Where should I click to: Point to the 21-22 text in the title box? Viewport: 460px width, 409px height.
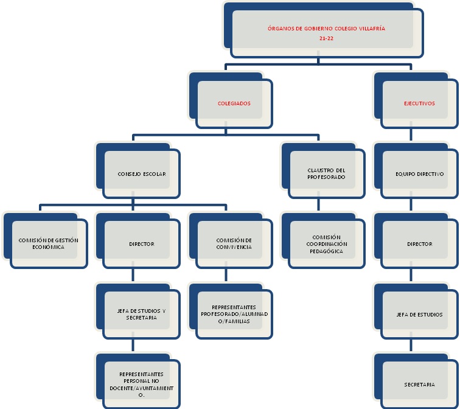(326, 38)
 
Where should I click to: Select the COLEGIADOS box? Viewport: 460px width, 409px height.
(234, 103)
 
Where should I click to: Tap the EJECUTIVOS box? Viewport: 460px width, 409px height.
(419, 103)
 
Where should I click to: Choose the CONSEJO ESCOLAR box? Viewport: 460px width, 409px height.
(142, 173)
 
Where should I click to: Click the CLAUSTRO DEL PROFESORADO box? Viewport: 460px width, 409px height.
(327, 173)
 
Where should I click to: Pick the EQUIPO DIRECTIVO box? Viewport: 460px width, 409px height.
(419, 173)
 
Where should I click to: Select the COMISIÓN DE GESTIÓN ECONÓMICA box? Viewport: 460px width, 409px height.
(49, 243)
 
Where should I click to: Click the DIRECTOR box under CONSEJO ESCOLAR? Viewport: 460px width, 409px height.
(142, 243)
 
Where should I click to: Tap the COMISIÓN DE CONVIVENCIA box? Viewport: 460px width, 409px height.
(234, 243)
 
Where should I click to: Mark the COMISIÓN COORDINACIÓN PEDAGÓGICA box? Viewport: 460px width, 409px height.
(327, 243)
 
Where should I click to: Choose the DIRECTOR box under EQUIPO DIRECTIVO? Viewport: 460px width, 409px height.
(419, 243)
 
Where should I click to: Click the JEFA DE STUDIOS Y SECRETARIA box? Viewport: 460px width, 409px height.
(142, 314)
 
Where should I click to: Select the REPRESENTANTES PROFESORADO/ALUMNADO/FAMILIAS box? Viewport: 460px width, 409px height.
(234, 314)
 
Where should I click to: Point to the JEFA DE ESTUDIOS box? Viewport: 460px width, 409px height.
(419, 314)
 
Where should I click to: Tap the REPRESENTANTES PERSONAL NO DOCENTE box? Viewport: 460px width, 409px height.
(142, 385)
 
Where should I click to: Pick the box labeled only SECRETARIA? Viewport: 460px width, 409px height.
(419, 385)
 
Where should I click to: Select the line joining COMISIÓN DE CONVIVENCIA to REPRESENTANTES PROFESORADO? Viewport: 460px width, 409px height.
(226, 275)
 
